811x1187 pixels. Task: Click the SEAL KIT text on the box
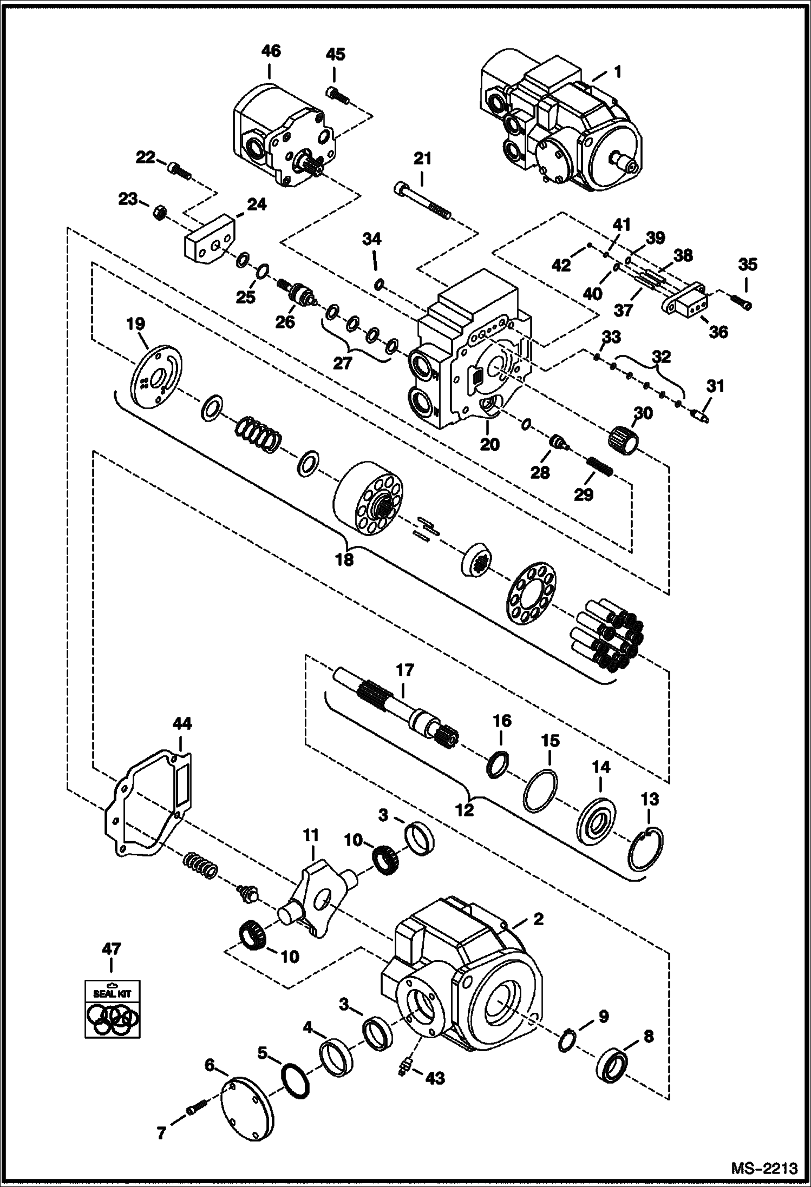click(x=112, y=994)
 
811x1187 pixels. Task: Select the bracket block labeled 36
click(x=688, y=305)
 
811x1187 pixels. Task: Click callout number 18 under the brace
click(x=344, y=559)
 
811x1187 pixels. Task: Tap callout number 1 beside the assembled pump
click(x=617, y=71)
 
